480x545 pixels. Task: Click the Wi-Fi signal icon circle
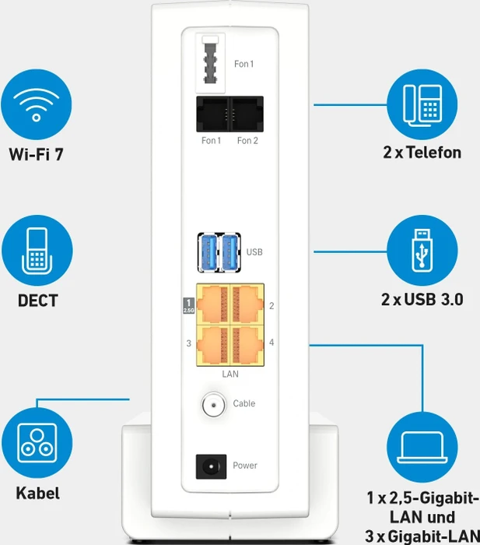(x=37, y=104)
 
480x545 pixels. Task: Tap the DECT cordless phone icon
(x=37, y=250)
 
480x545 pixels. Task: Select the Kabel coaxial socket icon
(x=37, y=443)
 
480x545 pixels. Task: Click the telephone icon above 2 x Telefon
(x=422, y=104)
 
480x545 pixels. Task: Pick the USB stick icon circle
(x=422, y=250)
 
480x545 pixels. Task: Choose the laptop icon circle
(x=422, y=447)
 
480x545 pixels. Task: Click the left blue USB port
(x=208, y=252)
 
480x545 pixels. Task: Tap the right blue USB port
(x=230, y=252)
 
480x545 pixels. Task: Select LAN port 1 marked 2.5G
(x=213, y=304)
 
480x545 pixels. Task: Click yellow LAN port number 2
(x=247, y=304)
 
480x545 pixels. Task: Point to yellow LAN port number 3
(x=213, y=346)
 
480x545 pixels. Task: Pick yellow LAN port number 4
(x=247, y=346)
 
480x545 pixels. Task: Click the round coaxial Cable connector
(x=214, y=405)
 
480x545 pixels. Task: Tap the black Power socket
(x=211, y=466)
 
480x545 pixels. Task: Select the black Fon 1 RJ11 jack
(x=213, y=114)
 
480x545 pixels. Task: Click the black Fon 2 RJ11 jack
(x=247, y=114)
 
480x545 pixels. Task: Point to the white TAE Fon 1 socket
(x=210, y=63)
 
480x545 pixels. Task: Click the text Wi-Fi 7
(x=37, y=154)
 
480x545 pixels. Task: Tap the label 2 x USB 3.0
(x=422, y=299)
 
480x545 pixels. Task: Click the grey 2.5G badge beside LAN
(x=188, y=305)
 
